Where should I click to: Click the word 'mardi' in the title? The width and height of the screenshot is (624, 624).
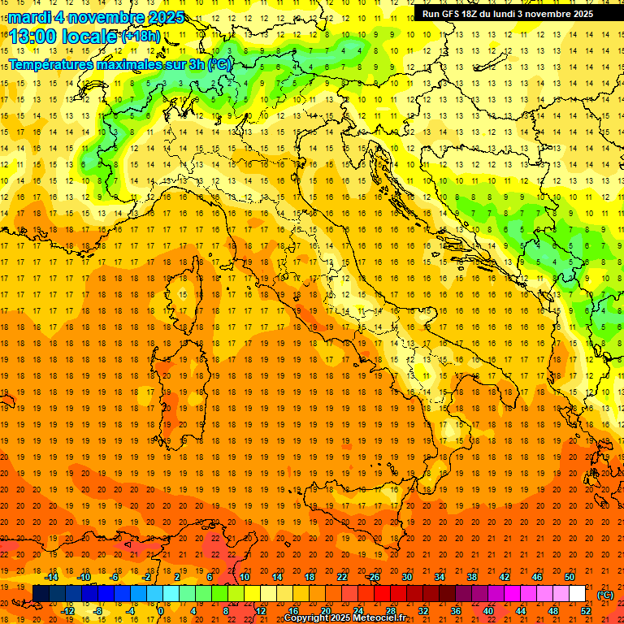28,16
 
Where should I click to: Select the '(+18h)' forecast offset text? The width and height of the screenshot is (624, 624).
141,36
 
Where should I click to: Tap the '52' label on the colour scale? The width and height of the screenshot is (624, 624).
586,611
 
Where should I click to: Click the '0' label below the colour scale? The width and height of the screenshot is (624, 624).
161,611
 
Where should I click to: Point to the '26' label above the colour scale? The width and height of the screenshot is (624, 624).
374,577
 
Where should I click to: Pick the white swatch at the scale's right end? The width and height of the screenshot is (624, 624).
577,594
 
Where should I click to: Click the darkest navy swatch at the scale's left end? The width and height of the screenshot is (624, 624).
41,594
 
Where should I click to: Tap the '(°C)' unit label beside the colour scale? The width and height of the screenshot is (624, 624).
605,595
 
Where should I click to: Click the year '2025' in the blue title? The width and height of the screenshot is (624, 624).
162,16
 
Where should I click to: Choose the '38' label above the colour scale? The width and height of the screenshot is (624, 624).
472,577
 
